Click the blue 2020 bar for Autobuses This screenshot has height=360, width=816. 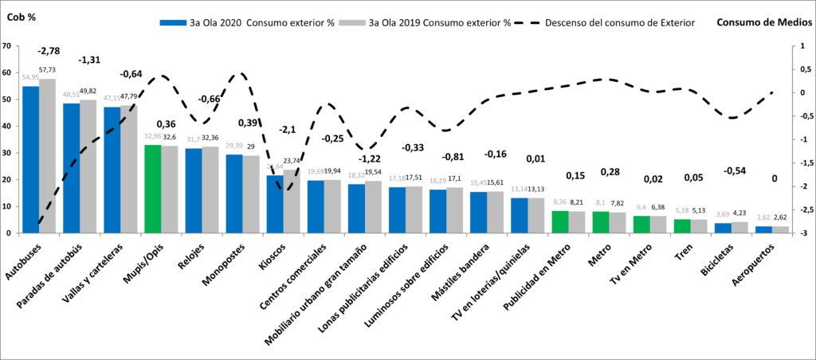coord(30,159)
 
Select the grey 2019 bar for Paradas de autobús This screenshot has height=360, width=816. coord(88,166)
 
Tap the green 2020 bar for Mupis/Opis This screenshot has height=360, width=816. coord(152,189)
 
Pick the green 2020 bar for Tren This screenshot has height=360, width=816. coord(682,226)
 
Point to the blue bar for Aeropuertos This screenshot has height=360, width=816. coord(763,229)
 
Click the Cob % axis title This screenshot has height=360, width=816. coord(22,16)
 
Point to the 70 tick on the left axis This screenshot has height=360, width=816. coord(7,45)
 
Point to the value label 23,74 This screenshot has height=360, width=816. coord(292,160)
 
